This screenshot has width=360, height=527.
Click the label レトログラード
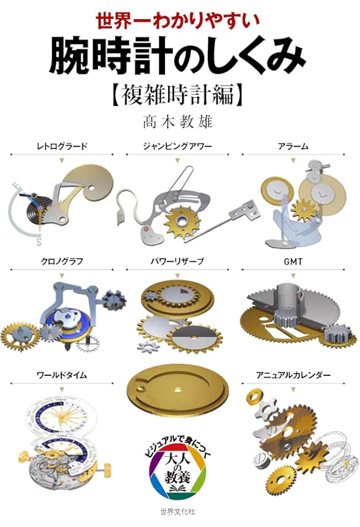coord(61,146)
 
